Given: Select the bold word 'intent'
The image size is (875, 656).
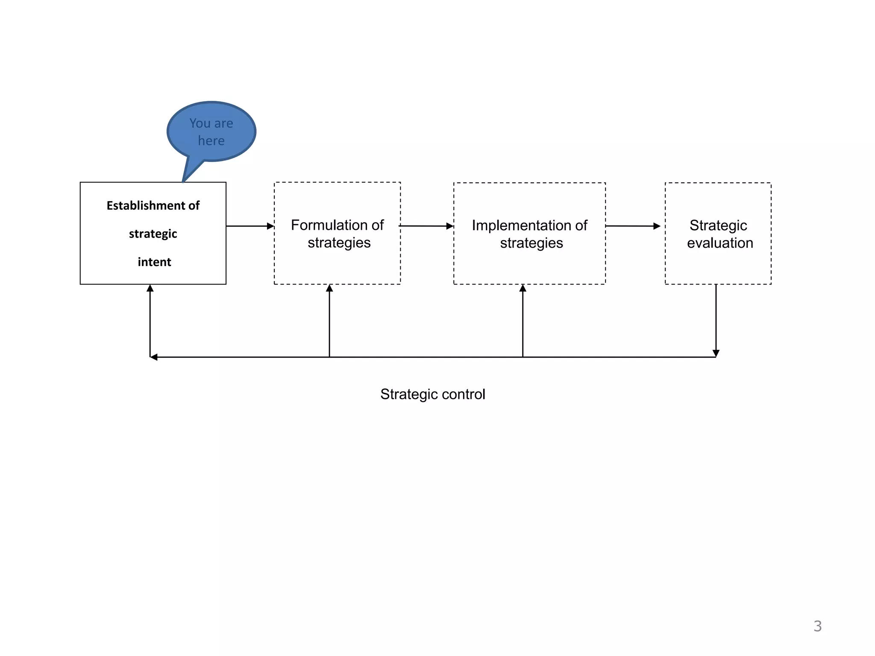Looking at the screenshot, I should tap(154, 262).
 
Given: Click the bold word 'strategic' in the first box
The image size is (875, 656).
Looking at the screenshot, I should tap(153, 234).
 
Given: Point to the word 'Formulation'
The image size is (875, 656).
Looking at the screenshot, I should tap(329, 225).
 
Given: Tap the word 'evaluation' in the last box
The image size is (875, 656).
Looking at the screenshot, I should tap(720, 243).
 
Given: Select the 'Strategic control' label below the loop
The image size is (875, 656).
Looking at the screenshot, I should tap(432, 394).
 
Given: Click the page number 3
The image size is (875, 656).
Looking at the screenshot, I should tap(817, 626).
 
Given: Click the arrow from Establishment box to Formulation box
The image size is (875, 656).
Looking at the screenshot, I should tap(250, 226).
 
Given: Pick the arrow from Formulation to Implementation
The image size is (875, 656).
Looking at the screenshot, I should tap(426, 226).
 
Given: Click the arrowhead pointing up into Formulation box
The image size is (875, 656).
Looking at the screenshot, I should tap(329, 289).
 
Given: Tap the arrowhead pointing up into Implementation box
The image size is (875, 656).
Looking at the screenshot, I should tap(523, 289).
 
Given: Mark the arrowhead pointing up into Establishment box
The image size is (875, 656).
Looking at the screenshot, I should tap(150, 289).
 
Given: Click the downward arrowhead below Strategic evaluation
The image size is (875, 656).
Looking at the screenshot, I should tap(716, 353).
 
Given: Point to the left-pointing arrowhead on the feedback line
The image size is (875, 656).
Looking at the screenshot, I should tap(154, 357).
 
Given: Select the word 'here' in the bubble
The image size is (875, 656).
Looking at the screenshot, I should tap(211, 141).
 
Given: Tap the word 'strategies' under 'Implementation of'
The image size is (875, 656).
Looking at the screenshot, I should tap(531, 243).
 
